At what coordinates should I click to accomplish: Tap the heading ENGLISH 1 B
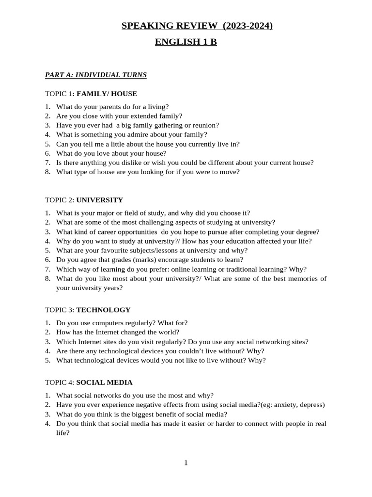pos(186,42)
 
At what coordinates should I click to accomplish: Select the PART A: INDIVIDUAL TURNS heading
pos(95,75)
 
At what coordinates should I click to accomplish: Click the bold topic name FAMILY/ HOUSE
pos(107,94)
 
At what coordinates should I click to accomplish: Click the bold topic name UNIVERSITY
pos(100,200)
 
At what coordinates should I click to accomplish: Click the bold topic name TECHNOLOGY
pos(103,310)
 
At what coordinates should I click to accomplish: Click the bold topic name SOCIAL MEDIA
pos(104,382)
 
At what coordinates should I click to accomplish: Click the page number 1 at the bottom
pos(186,463)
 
